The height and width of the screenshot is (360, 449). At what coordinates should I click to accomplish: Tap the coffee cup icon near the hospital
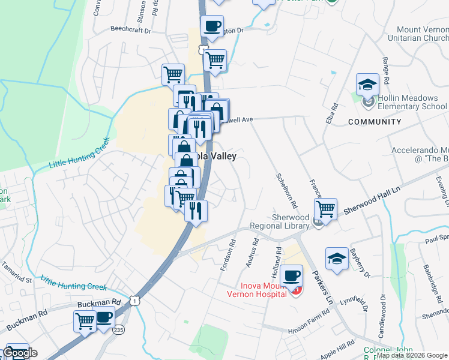pyautogui.click(x=292, y=276)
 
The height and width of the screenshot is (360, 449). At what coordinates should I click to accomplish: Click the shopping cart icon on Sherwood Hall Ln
pyautogui.click(x=325, y=209)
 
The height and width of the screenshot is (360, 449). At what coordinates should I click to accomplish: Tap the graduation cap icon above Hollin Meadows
pyautogui.click(x=367, y=85)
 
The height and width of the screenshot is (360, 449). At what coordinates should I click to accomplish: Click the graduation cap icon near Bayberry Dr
pyautogui.click(x=337, y=260)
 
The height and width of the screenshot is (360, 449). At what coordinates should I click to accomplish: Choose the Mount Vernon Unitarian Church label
pyautogui.click(x=421, y=33)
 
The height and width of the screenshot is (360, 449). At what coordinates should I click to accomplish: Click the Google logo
pyautogui.click(x=20, y=353)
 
